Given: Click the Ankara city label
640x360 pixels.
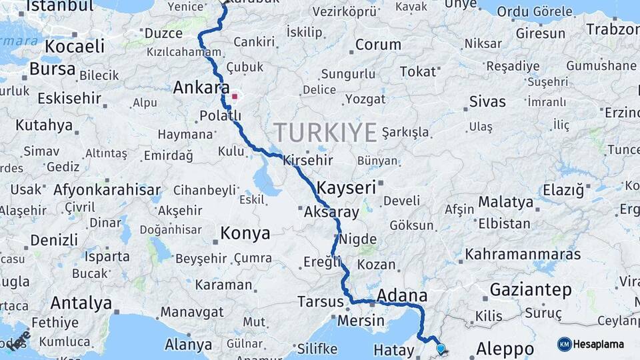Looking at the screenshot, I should pos(201,87).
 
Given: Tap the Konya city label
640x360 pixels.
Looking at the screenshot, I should pos(245,233).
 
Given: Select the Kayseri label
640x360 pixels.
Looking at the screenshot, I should pos(347,187).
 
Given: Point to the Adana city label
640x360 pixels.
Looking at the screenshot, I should pos(401,295).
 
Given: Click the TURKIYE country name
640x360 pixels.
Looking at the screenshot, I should pos(325,132).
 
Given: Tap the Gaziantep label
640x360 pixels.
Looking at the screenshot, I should pos(531,290).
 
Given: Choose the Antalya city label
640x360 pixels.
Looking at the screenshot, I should pos(81,303).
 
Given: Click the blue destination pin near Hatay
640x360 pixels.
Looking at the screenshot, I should pos(440,348).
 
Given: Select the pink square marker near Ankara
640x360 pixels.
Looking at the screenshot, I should pos(234,96).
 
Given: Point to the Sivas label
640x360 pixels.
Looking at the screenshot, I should pos(487,102).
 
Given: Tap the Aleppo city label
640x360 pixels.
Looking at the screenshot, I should pos(505,349).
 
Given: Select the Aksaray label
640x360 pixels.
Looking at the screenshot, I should pos(331,213).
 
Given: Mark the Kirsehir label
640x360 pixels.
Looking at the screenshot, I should pos(307,161).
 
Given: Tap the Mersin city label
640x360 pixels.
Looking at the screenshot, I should pos(361,321).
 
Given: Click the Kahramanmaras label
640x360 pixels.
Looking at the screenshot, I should pos(523,254).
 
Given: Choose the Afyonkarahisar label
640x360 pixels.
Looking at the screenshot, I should pos(107,189).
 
